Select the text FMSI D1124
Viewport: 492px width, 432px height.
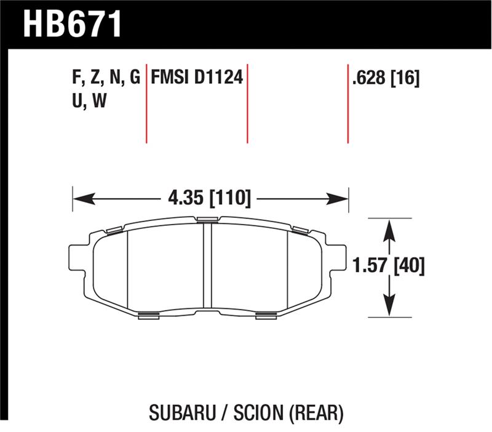197,78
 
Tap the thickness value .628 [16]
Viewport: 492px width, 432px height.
386,78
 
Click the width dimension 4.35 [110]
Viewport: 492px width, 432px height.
209,198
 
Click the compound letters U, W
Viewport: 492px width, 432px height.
90,102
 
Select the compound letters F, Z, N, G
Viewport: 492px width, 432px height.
106,78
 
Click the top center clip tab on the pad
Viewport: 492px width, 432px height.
207,219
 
